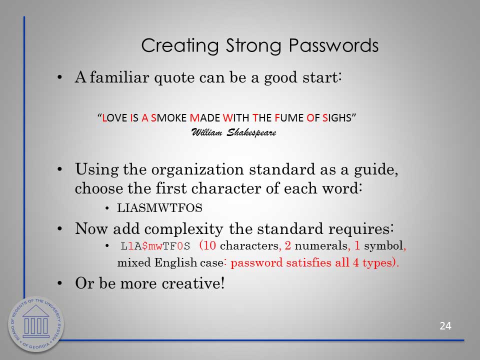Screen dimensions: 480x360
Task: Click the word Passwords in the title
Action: tap(333, 45)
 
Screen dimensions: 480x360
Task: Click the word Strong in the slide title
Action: tap(253, 46)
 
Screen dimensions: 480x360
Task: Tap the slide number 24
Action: tap(445, 326)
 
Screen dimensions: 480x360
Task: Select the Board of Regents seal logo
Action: tap(36, 324)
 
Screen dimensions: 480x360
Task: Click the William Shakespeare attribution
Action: tap(233, 132)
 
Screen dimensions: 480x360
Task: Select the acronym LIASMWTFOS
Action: tap(160, 208)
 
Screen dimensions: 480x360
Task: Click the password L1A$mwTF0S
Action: tap(155, 246)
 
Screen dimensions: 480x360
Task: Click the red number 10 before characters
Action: tap(209, 245)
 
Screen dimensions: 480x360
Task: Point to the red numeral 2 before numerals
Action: tap(288, 245)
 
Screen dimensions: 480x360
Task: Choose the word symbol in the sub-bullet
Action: tap(383, 246)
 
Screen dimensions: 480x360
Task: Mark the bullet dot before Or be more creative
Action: tap(60, 283)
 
